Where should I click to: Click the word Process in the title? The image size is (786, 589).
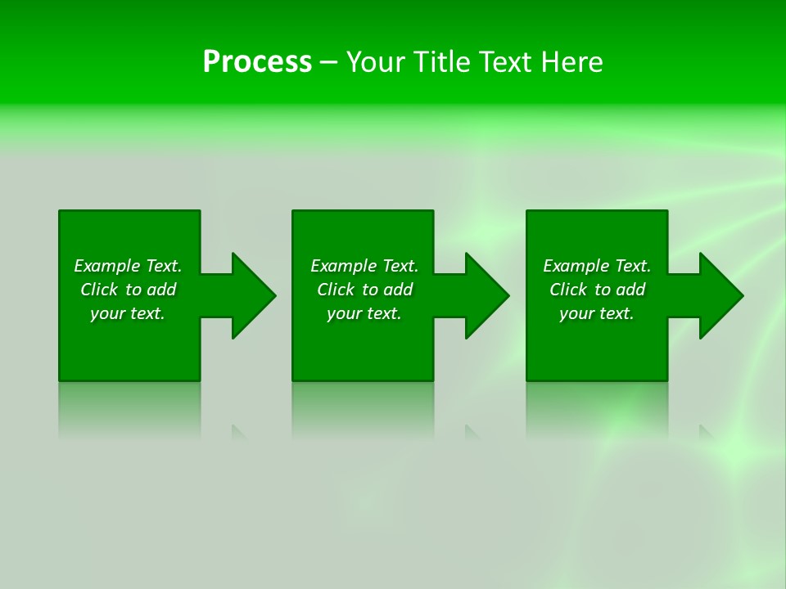tap(257, 62)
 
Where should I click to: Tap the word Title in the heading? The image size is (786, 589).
tap(443, 62)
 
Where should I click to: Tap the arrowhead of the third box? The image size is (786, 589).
tap(720, 295)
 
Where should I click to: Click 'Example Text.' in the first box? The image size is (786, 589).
tap(128, 266)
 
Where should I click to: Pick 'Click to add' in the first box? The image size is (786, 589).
tap(128, 290)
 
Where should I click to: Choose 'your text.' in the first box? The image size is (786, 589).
tap(128, 313)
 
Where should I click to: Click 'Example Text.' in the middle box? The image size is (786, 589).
tap(364, 266)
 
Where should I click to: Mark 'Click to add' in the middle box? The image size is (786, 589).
tap(364, 290)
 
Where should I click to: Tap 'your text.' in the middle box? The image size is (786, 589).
tap(364, 313)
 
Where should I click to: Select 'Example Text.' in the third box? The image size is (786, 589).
tap(597, 266)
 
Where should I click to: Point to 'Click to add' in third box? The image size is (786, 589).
tap(597, 290)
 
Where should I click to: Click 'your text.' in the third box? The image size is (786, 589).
tap(597, 313)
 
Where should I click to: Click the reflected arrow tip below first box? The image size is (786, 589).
tap(238, 431)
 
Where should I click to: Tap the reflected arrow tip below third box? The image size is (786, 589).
tap(706, 431)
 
